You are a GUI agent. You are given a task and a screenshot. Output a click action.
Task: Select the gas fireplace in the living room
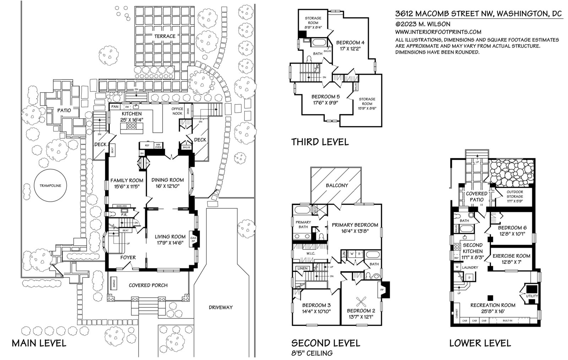[194, 240]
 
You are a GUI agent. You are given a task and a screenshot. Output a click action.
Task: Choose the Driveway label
[220, 307]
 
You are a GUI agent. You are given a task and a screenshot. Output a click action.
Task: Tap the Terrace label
[165, 36]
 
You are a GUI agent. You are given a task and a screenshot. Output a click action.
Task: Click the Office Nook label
[177, 111]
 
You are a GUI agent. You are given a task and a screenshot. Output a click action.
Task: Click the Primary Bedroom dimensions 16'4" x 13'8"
[354, 231]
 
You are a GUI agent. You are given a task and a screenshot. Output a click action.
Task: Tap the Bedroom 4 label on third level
[350, 43]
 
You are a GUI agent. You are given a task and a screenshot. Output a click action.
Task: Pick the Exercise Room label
[511, 256]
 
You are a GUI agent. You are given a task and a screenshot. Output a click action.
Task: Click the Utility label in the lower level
[532, 296]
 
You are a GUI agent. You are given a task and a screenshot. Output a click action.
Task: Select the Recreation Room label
[493, 305]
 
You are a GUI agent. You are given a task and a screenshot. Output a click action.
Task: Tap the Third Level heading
[319, 142]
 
